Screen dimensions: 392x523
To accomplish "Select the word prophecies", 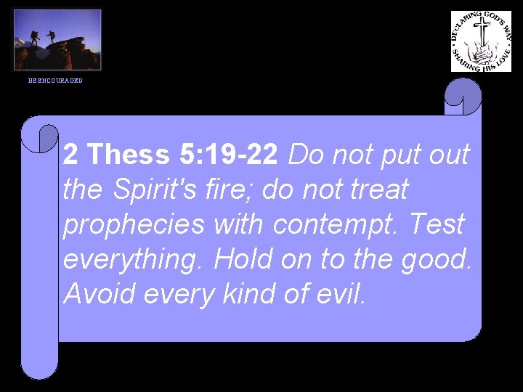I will click(x=134, y=226).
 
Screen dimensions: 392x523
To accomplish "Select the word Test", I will click(x=437, y=225).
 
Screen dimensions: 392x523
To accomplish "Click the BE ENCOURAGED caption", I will click(x=55, y=81).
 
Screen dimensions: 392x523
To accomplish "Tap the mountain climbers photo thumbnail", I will click(x=57, y=40).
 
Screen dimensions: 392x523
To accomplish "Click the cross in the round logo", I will click(x=482, y=33).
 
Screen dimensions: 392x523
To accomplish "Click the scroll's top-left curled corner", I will click(x=41, y=135).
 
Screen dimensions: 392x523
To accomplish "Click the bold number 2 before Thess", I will click(x=71, y=155).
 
